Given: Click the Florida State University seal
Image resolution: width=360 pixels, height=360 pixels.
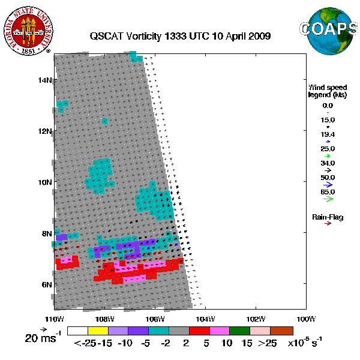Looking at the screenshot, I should click(30, 29).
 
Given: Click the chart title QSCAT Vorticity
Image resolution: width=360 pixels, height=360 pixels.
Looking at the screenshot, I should click(180, 36).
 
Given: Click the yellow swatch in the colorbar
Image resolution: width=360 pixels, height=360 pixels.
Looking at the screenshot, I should click(98, 330).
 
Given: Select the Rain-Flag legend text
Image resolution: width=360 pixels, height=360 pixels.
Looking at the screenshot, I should click(328, 217).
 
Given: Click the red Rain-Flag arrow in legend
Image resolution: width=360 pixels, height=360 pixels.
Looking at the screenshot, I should click(328, 224).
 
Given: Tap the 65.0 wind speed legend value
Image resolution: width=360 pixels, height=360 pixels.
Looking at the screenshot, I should click(328, 192).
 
